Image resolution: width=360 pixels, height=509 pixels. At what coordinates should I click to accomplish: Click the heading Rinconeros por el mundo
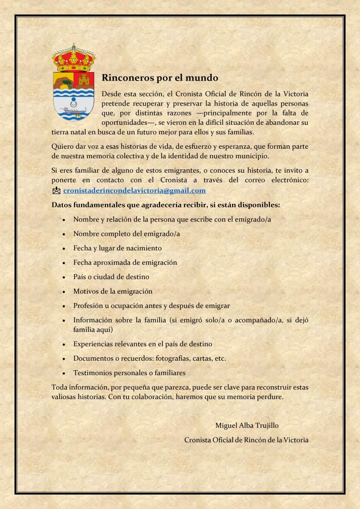(160, 78)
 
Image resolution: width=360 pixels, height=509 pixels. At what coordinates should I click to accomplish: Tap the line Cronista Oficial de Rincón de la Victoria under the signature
(246, 439)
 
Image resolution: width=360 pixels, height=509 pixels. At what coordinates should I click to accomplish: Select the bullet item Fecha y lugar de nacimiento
(117, 248)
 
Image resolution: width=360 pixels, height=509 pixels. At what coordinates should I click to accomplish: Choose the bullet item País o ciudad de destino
(111, 277)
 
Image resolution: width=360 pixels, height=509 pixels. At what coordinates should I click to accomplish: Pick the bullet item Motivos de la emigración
(112, 291)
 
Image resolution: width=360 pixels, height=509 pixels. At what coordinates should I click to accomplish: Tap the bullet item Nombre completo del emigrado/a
(126, 233)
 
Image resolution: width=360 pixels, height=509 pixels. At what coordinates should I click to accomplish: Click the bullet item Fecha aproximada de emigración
(125, 262)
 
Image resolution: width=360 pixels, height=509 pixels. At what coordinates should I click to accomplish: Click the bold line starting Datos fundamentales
(166, 205)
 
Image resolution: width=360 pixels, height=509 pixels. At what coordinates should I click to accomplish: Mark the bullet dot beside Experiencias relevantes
(65, 344)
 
